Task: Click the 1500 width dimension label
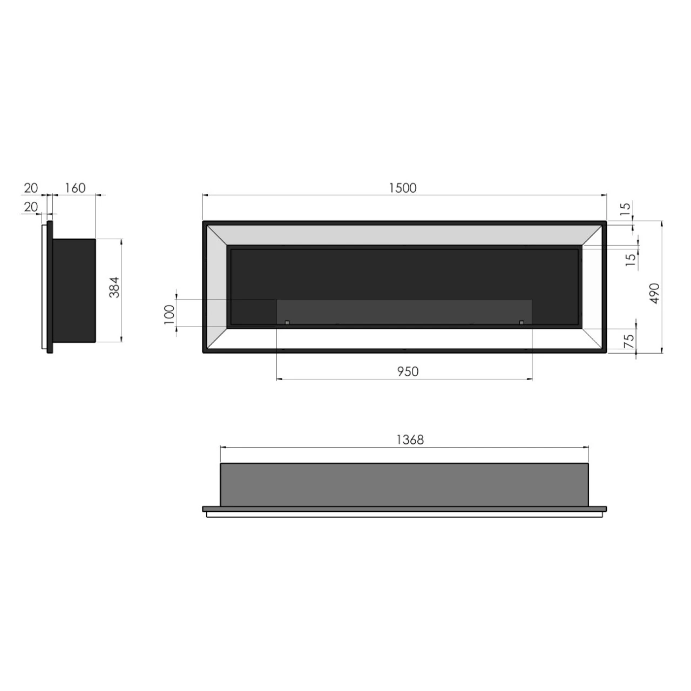click(x=403, y=188)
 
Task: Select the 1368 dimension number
click(x=410, y=439)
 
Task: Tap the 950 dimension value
click(x=408, y=371)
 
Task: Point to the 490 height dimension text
click(x=654, y=293)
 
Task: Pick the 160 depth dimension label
click(x=75, y=188)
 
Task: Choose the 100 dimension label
click(x=170, y=314)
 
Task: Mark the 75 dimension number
click(x=629, y=341)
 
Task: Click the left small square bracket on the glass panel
click(x=287, y=322)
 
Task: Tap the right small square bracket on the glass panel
click(x=521, y=322)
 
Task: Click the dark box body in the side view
click(x=74, y=290)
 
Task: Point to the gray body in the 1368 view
click(x=404, y=484)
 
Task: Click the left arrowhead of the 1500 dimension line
click(x=205, y=195)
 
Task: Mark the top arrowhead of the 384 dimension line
click(x=121, y=241)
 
